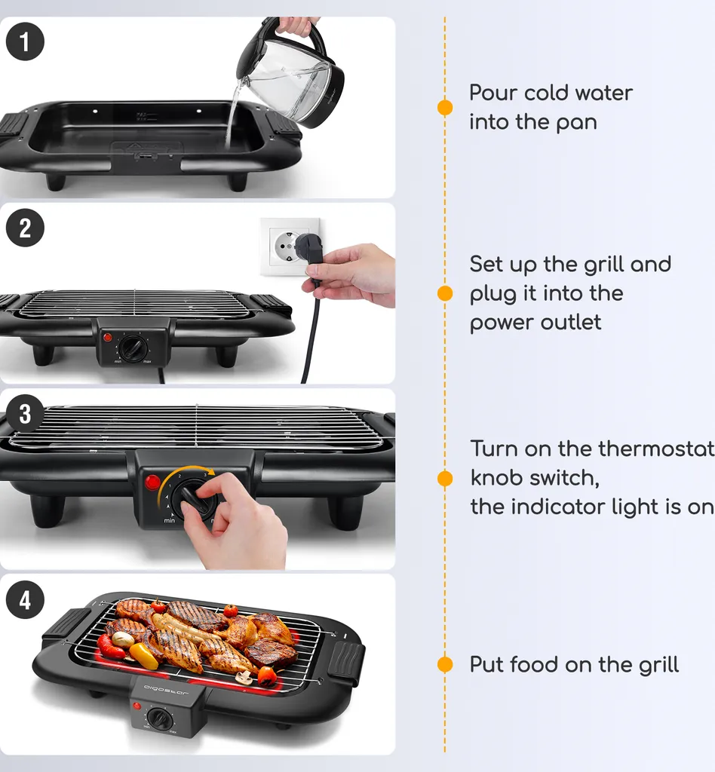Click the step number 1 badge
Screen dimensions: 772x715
point(25,43)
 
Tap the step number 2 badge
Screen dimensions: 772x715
point(25,228)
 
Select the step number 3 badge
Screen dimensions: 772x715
point(25,414)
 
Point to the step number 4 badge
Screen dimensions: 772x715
point(25,600)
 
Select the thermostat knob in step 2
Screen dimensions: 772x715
point(134,348)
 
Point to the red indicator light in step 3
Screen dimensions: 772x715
point(153,482)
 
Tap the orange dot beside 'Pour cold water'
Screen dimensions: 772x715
point(445,107)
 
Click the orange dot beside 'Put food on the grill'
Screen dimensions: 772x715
point(445,664)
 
